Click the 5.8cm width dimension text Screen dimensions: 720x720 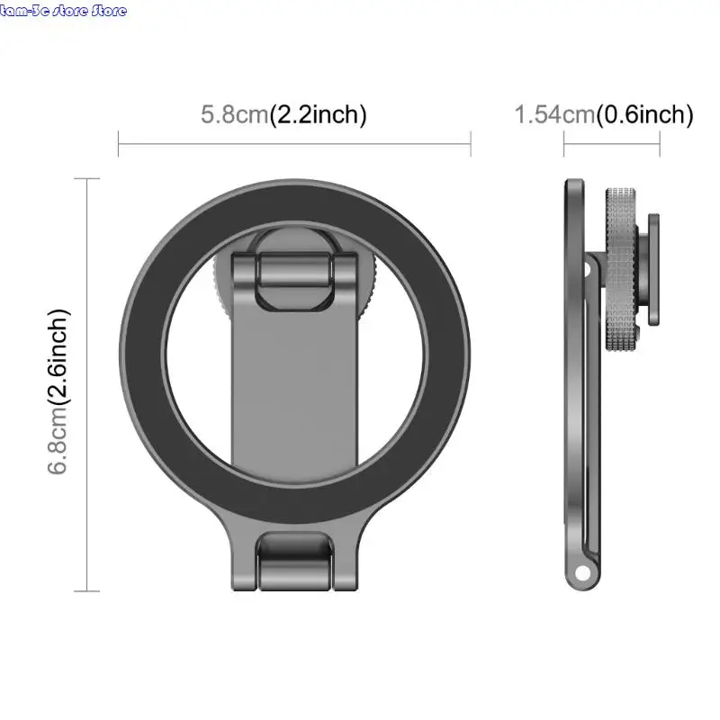tap(235, 115)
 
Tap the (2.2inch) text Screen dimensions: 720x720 tap(319, 115)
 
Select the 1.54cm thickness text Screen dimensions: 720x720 tap(554, 115)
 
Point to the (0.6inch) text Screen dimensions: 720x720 tap(645, 115)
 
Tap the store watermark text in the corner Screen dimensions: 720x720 tap(64, 11)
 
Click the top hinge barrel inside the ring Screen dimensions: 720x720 tap(294, 270)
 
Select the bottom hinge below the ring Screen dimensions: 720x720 tap(294, 560)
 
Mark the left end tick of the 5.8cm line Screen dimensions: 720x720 tap(119, 142)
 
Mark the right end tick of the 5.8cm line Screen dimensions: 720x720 tap(471, 142)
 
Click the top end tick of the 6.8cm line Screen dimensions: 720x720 tap(87, 179)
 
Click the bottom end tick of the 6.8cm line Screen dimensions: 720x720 tap(87, 591)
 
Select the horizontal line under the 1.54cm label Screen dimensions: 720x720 tap(612, 142)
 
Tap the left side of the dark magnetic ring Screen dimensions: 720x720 tap(140, 360)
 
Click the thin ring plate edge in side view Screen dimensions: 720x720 tap(573, 378)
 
